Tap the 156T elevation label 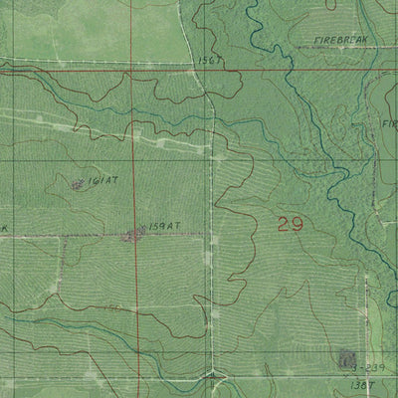click(x=207, y=60)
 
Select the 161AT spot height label click(x=103, y=181)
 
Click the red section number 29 click(x=290, y=225)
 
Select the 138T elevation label click(x=368, y=383)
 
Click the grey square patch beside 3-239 click(x=347, y=357)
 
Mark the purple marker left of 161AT click(x=78, y=183)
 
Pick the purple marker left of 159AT click(x=132, y=235)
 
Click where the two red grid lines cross click(x=135, y=71)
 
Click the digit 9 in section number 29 click(x=297, y=225)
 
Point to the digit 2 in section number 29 click(x=283, y=225)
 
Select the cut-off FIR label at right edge click(x=389, y=125)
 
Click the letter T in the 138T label click(x=378, y=383)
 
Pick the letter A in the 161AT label click(x=107, y=181)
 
